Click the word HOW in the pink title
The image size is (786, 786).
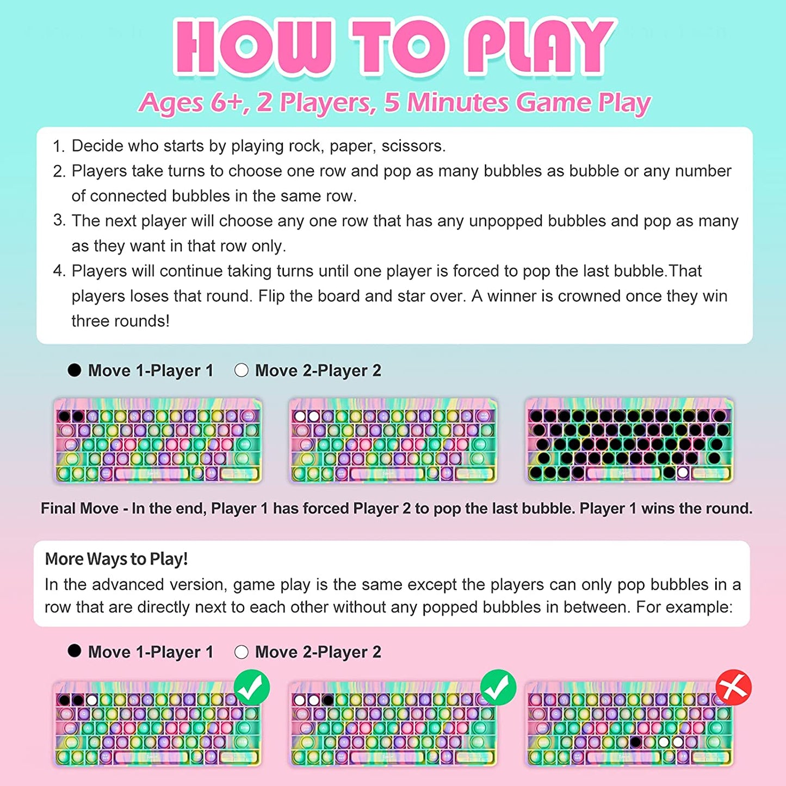point(252,46)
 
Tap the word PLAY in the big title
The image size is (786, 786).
point(540,46)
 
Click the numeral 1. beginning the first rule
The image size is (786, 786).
point(59,146)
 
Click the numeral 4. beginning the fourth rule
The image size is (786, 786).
point(59,271)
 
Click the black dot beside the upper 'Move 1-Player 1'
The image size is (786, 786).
point(75,370)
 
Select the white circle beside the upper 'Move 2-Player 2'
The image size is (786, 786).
point(242,370)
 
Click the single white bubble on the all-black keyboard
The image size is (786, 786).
point(683,473)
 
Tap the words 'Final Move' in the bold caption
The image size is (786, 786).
point(79,509)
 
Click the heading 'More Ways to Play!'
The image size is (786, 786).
point(116,559)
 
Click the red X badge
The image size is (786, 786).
point(733,688)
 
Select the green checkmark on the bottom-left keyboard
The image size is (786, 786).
point(252,688)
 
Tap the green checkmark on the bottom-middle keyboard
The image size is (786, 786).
point(498,688)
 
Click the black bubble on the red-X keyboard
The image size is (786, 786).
point(635,742)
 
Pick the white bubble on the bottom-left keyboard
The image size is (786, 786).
point(92,701)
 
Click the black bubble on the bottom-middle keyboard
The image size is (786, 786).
point(327,701)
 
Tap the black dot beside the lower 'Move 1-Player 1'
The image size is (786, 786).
point(75,651)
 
